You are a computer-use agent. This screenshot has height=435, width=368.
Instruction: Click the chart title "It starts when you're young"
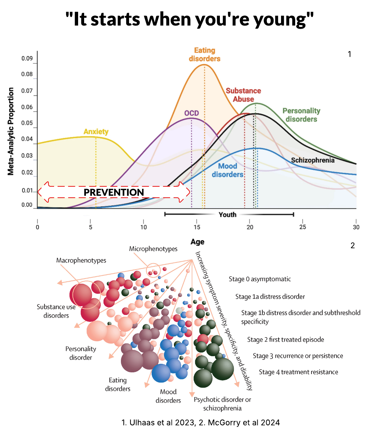coord(190,19)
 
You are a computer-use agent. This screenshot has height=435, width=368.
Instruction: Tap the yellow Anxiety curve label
coord(96,132)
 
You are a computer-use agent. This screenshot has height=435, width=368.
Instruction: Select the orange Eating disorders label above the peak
coord(204,55)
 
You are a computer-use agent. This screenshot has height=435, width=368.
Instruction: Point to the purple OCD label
coord(192,113)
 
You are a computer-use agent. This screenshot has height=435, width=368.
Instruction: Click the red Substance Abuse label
coord(243,95)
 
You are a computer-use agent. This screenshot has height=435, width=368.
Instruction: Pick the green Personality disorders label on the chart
coord(301,115)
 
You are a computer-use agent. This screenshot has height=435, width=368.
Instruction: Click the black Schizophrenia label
coord(312,160)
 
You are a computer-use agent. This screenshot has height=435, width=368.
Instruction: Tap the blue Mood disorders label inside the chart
coord(227,170)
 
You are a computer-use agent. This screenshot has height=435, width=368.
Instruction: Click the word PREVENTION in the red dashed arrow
coord(114,192)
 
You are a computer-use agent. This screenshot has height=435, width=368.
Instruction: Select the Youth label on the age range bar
coord(227,214)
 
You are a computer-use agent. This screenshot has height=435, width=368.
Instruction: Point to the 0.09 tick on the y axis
coord(27,58)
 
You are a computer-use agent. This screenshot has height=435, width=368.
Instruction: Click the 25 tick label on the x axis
coord(303,227)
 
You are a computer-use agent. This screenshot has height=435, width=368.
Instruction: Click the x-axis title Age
coord(197,242)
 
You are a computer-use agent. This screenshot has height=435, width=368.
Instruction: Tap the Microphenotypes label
coord(153,249)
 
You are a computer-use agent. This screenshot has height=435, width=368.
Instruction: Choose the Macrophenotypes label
coord(81,260)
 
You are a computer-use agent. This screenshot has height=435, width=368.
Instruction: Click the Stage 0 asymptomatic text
coord(259,279)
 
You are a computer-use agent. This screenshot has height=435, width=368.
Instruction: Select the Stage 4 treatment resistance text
coord(298,372)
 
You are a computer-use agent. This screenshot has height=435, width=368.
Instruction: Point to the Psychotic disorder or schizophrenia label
coord(222,403)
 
